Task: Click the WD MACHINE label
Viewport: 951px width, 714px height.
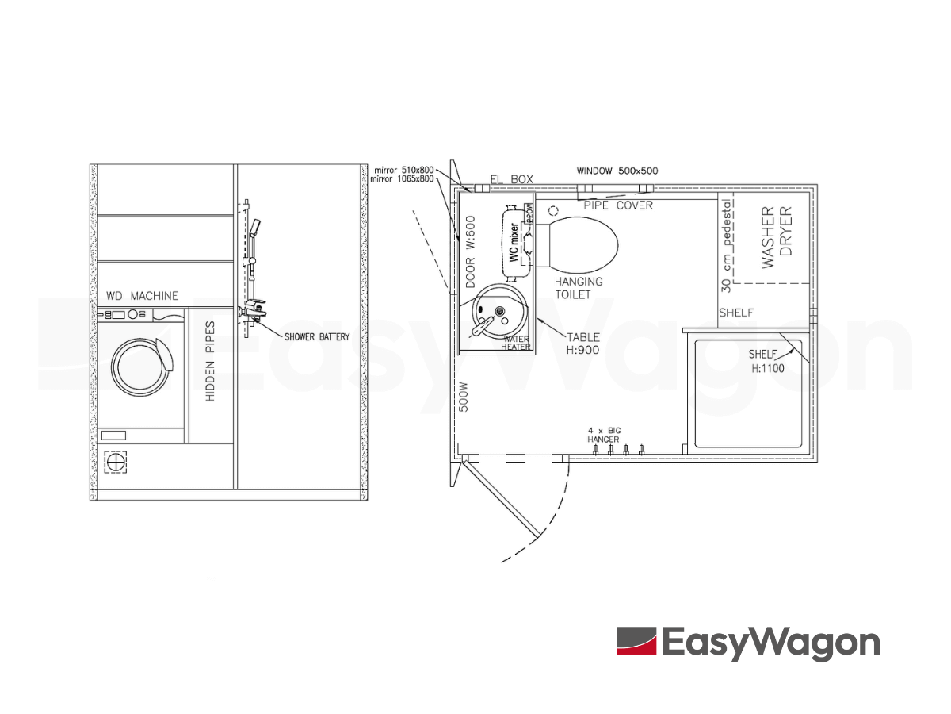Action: point(143,296)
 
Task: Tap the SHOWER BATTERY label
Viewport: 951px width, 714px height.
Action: point(317,337)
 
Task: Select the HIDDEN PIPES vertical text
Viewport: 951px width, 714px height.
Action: point(211,361)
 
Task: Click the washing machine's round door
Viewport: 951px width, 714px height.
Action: point(140,366)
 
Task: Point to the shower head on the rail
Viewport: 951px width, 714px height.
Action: point(254,229)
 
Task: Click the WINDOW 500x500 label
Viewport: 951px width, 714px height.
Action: point(617,171)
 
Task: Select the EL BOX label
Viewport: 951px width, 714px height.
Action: point(512,180)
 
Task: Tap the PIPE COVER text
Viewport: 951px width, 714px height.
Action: point(618,205)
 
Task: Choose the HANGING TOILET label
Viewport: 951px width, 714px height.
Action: point(578,288)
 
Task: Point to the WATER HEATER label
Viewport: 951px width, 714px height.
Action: point(516,343)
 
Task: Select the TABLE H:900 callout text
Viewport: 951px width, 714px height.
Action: point(583,344)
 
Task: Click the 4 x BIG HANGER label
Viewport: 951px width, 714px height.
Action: point(604,435)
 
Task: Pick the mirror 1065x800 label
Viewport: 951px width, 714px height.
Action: point(403,179)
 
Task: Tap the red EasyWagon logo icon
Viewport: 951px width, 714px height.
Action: point(636,641)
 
